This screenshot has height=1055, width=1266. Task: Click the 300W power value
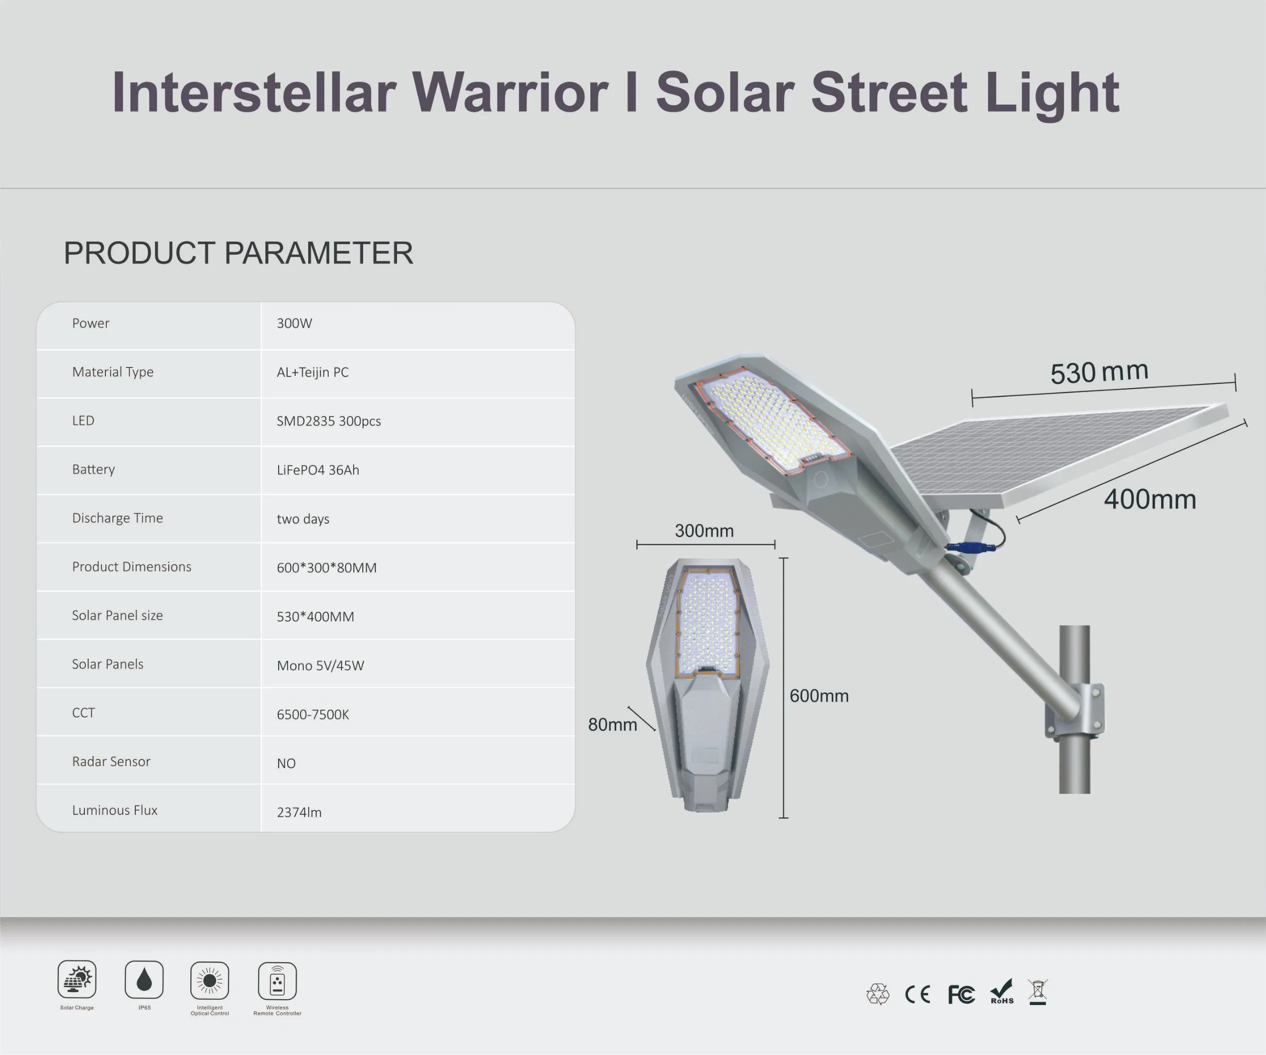click(x=294, y=323)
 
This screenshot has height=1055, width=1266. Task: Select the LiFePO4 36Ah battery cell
click(x=318, y=470)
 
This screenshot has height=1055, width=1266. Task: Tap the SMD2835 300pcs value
click(x=329, y=421)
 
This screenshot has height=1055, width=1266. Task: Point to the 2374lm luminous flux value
click(x=299, y=812)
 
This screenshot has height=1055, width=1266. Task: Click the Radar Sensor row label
click(x=111, y=761)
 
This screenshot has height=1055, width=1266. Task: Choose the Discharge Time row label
click(x=117, y=518)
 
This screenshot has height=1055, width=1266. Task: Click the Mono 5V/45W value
click(x=320, y=666)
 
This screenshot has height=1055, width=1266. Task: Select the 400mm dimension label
click(x=1150, y=500)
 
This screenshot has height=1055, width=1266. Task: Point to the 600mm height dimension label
click(x=819, y=696)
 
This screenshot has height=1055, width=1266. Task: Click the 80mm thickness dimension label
click(x=612, y=724)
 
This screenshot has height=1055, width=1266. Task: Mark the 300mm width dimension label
click(x=704, y=531)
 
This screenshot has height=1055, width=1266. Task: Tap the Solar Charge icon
click(x=76, y=979)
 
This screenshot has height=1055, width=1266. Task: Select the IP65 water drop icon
click(x=144, y=980)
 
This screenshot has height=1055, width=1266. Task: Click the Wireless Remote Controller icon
click(x=277, y=981)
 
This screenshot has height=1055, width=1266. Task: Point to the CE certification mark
click(x=917, y=994)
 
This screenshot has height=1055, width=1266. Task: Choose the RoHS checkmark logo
click(x=1001, y=992)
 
